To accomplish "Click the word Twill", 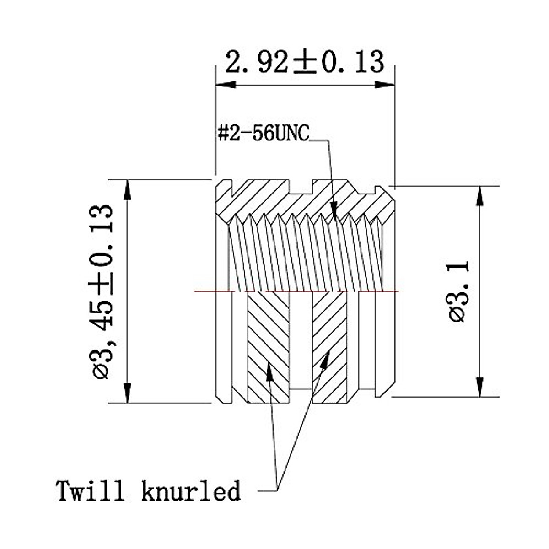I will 90,491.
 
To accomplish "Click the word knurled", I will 191,491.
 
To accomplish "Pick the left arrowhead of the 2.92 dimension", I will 226,85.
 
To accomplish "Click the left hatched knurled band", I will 269,348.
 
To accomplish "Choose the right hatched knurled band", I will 330,348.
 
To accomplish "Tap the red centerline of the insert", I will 210,291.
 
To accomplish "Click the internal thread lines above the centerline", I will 304,254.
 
